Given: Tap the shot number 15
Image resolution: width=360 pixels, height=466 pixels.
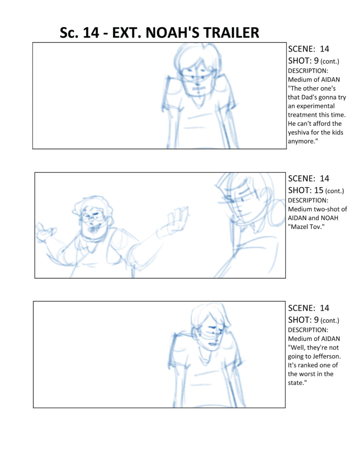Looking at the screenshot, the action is click(x=319, y=190).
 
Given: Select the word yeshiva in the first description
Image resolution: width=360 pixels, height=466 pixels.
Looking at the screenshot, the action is click(x=298, y=132).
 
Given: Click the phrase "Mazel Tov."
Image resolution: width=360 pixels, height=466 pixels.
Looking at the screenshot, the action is click(x=306, y=227).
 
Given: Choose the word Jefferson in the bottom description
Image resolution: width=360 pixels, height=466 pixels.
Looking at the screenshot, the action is click(x=327, y=356).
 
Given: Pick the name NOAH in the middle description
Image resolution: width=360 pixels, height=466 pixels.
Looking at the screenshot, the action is click(x=329, y=218).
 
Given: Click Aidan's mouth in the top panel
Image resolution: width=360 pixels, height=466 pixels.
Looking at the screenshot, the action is click(x=198, y=88).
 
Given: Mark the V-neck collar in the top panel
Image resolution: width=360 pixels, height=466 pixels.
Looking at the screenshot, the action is click(x=198, y=102).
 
